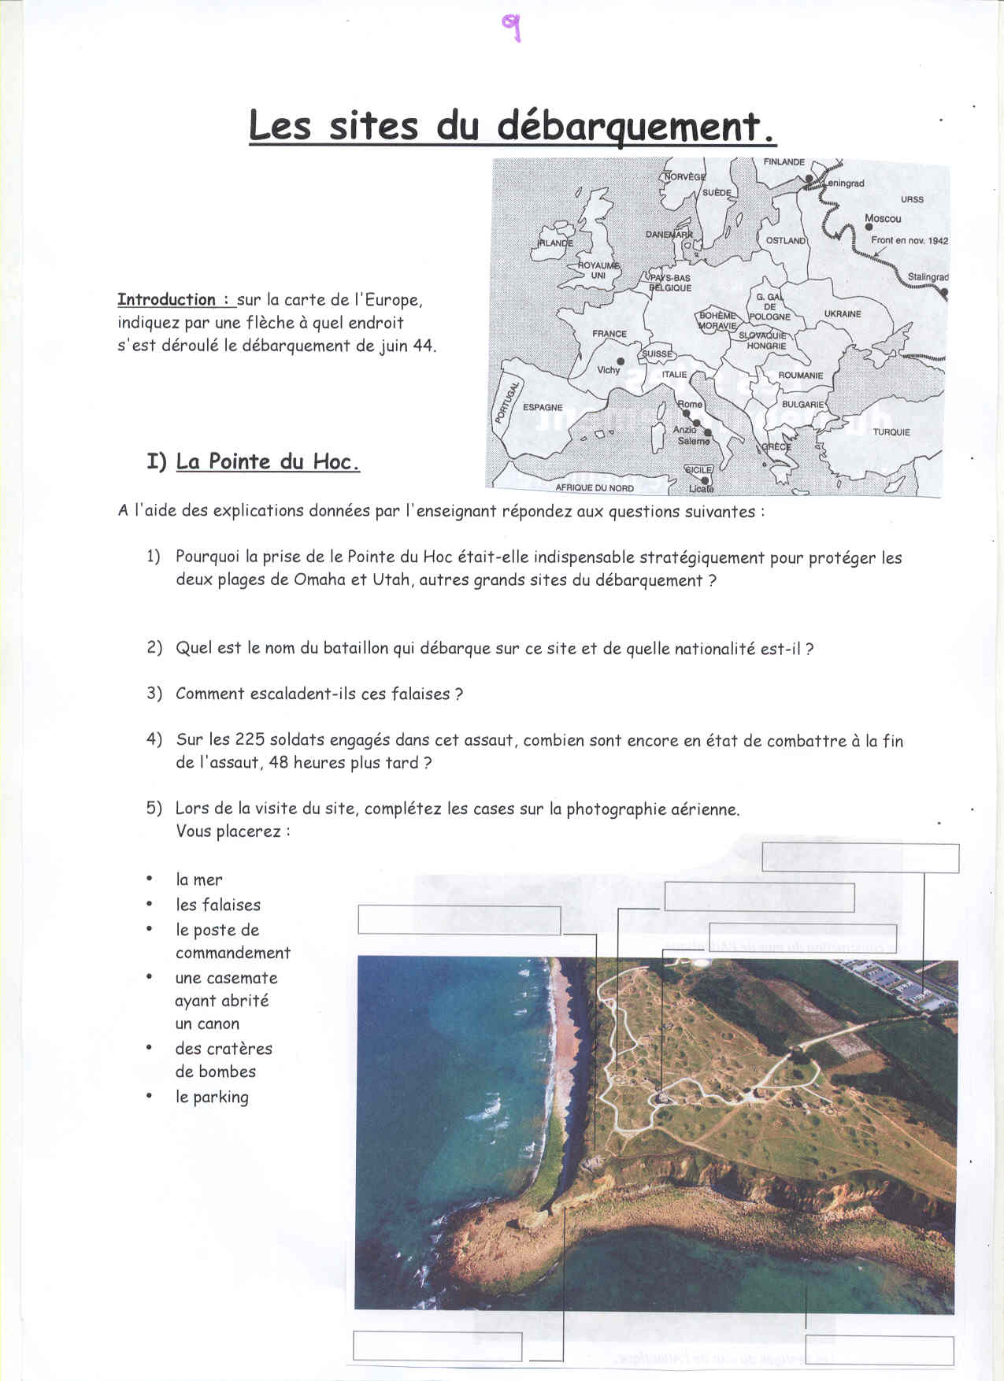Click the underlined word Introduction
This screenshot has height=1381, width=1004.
[x=167, y=300]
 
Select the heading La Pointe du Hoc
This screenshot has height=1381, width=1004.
[x=268, y=462]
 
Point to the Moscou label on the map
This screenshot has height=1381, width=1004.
[x=882, y=219]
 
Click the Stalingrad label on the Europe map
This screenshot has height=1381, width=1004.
[x=928, y=277]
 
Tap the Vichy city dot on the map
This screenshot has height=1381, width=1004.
[x=621, y=361]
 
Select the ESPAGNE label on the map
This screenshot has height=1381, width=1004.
[x=543, y=408]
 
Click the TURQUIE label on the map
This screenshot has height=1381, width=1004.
[x=891, y=432]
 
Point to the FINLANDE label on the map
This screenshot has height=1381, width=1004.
[x=784, y=162]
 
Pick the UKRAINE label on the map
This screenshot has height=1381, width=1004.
[x=843, y=314]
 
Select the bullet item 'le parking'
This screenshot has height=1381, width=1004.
[x=212, y=1097]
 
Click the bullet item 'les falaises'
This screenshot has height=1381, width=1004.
[x=218, y=905]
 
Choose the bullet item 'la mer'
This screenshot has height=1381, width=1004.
[x=199, y=880]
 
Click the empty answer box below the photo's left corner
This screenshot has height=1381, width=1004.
[x=437, y=1346]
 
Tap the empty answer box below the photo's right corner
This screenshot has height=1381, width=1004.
[x=879, y=1351]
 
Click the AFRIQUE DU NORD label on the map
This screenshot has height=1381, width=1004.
[x=595, y=488]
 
